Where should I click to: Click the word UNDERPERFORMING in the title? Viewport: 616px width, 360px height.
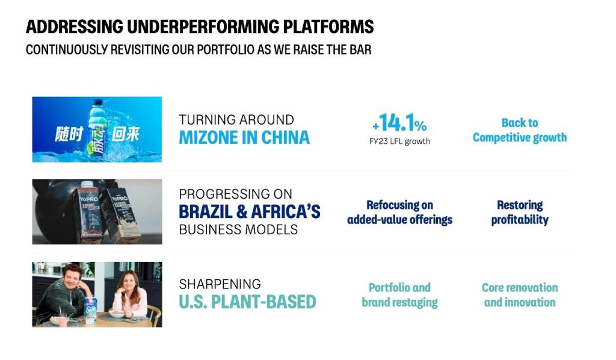[x=203, y=26]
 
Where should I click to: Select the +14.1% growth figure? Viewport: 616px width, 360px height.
[x=399, y=122]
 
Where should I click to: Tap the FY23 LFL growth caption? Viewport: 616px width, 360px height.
[x=399, y=141]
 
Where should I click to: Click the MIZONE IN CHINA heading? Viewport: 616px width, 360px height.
[x=244, y=137]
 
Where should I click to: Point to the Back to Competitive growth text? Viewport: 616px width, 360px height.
[x=519, y=130]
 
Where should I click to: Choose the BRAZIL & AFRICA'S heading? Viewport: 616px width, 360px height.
[x=250, y=211]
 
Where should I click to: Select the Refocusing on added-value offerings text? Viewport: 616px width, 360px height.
[x=399, y=213]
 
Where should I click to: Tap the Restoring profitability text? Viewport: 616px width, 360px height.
[x=519, y=213]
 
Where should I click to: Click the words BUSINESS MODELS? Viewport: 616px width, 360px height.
[x=238, y=229]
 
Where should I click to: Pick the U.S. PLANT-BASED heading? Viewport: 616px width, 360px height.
[x=247, y=302]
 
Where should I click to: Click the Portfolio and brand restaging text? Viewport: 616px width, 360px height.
[x=399, y=295]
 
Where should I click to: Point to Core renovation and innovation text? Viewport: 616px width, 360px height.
[x=519, y=295]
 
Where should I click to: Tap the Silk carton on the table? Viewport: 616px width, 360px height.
[x=91, y=310]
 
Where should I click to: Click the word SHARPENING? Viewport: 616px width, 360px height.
[x=220, y=284]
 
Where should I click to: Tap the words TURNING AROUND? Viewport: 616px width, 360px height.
[x=236, y=119]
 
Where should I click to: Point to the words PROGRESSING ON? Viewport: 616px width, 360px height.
[x=235, y=194]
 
